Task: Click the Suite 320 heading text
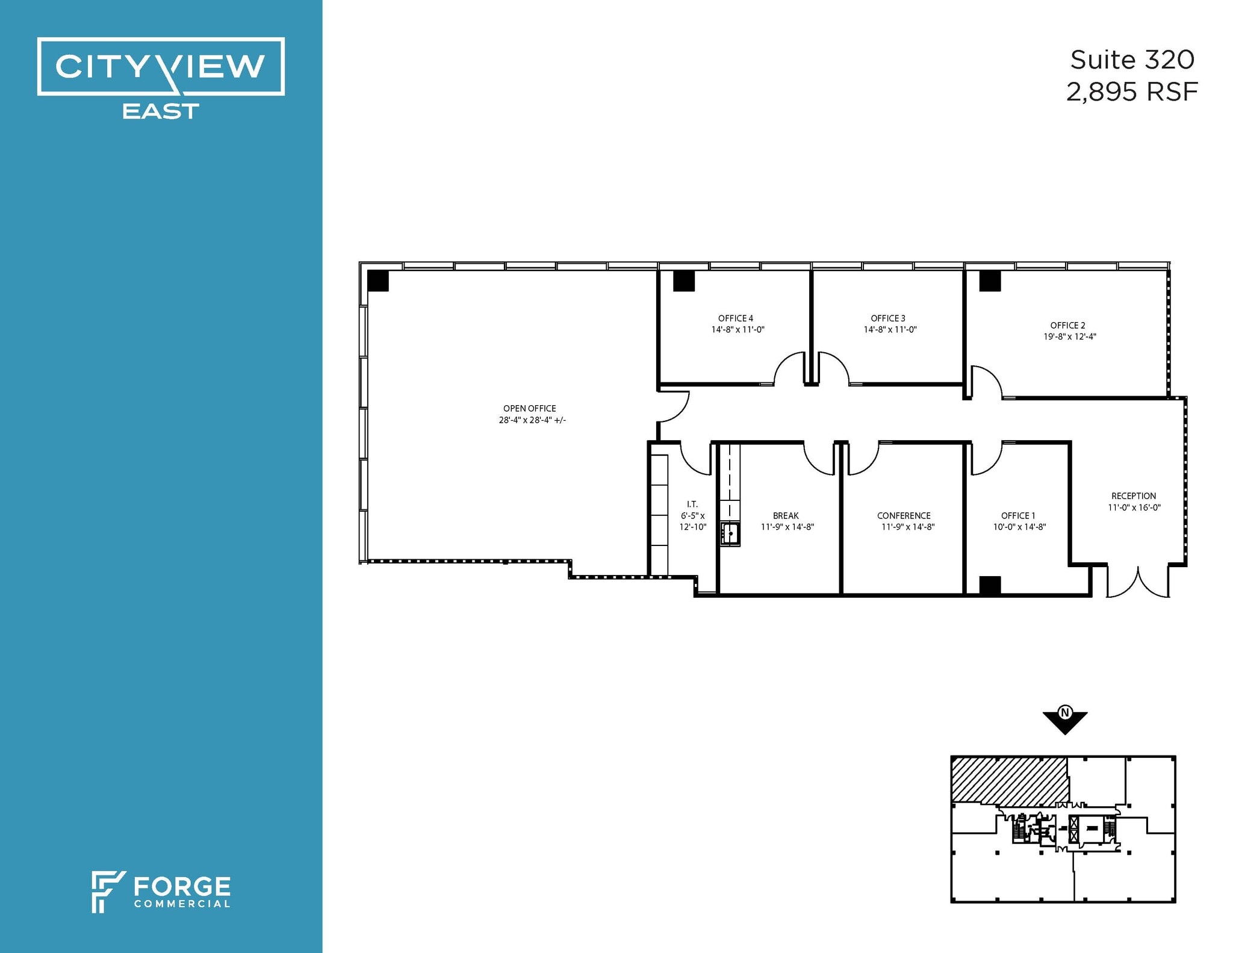[1131, 60]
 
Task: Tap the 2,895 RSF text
[1131, 92]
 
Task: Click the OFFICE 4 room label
[735, 318]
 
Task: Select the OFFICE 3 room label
[887, 318]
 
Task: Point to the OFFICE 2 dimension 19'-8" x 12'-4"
[1069, 337]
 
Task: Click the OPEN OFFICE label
[529, 408]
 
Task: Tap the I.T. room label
[692, 504]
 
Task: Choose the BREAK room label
[786, 516]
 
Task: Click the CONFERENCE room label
[903, 516]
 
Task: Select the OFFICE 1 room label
[1017, 516]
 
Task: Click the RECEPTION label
[1133, 496]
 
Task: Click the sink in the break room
[730, 533]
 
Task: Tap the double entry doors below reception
[1137, 583]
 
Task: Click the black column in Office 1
[990, 586]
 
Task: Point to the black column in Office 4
[683, 281]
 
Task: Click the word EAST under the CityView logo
[160, 111]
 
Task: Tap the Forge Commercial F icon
[107, 891]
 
